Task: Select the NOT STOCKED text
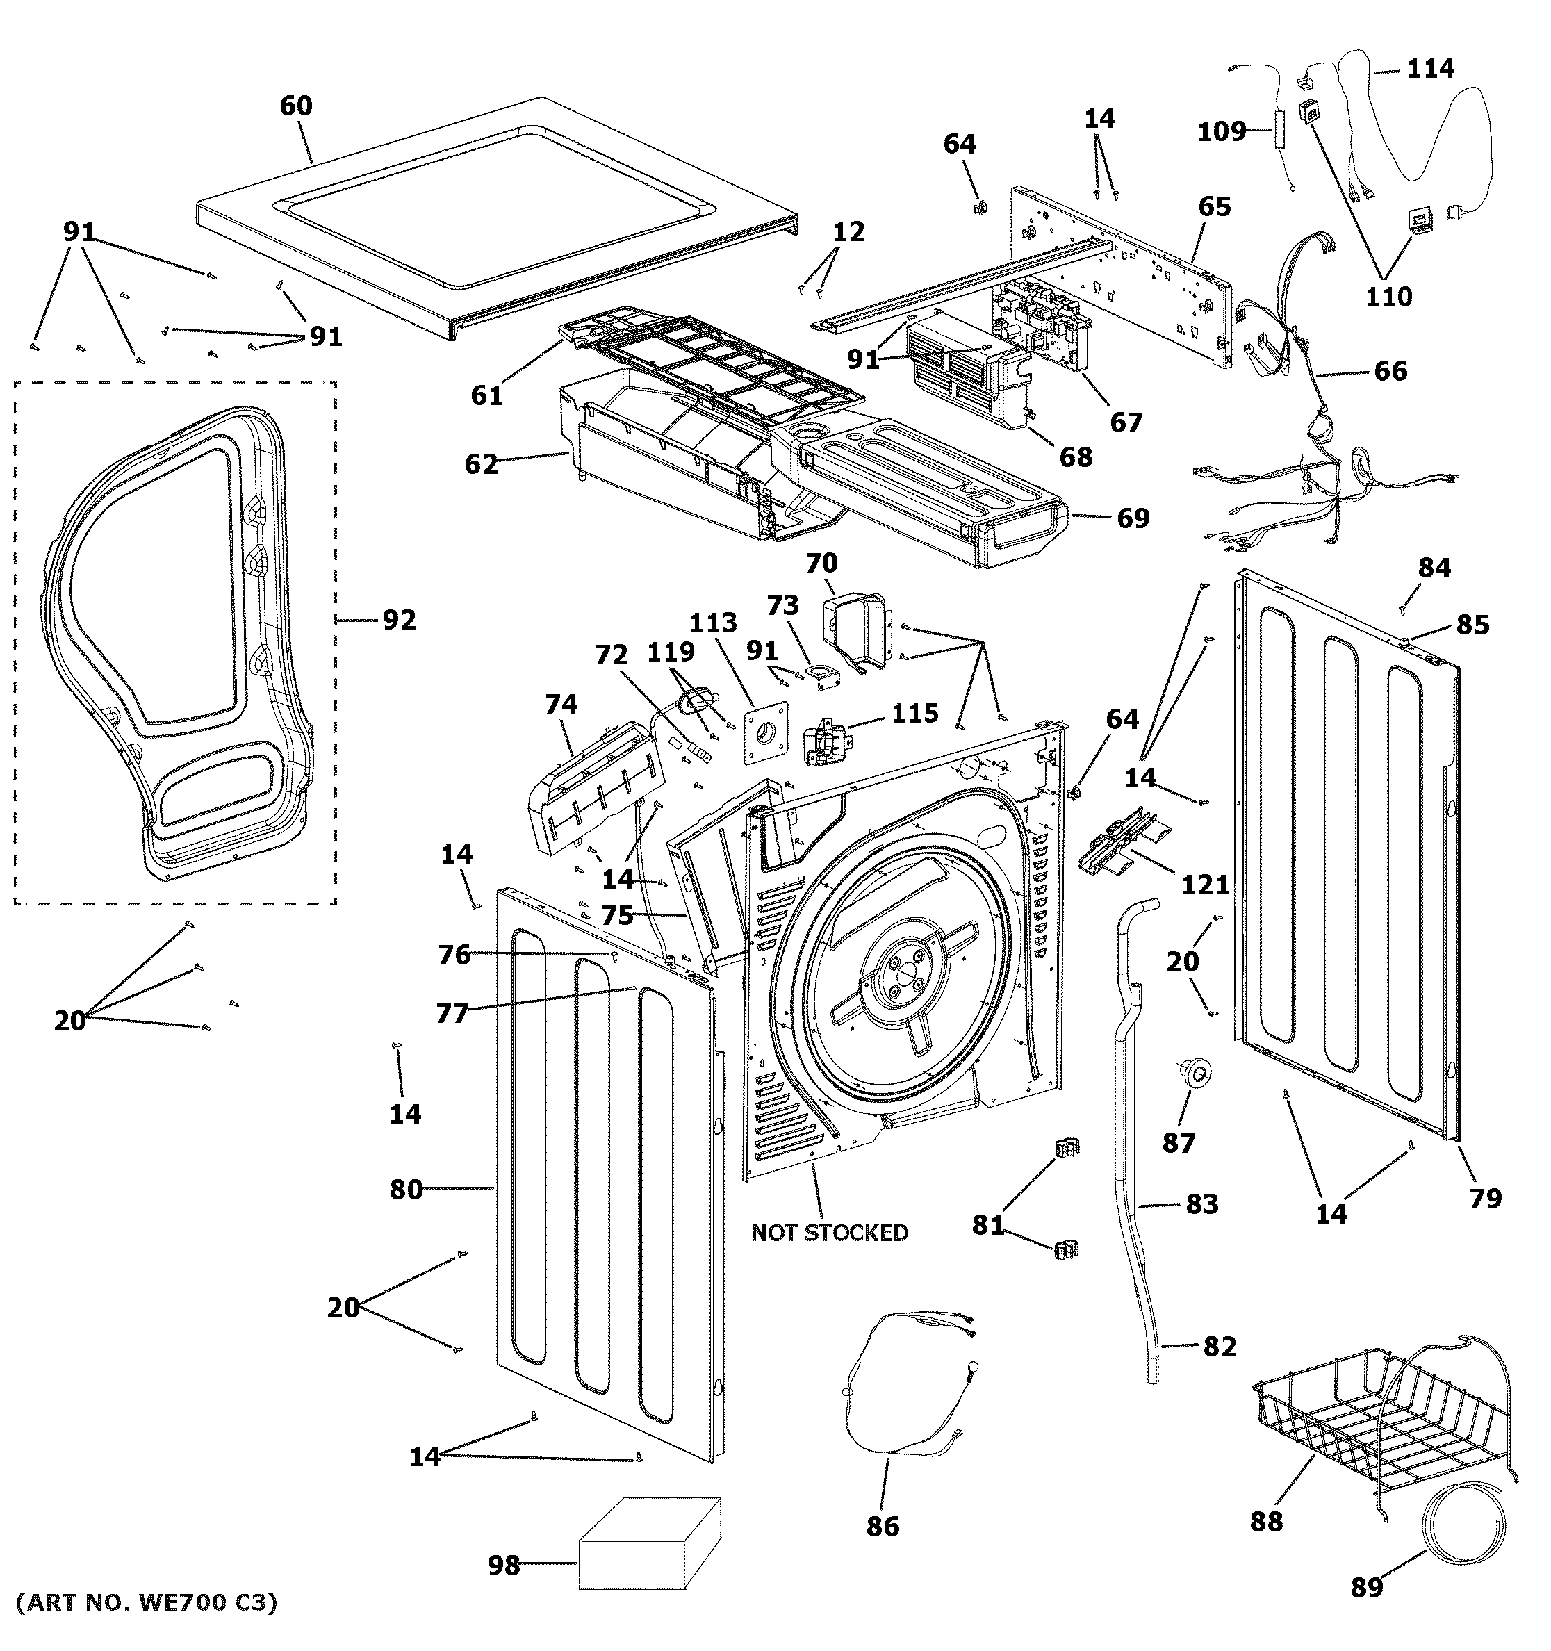coord(828,1233)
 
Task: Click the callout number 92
coord(399,620)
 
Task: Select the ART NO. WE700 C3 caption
coord(147,1601)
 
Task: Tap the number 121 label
coord(1205,885)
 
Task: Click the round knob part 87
coord(1193,1073)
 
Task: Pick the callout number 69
coord(1133,518)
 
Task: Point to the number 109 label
coord(1220,131)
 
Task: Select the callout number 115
coord(915,714)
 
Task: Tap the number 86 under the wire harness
coord(882,1526)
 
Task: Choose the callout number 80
coord(406,1190)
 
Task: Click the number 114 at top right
coord(1430,68)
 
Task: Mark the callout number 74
coord(561,705)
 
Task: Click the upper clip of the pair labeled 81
coord(1066,1149)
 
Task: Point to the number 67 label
coord(1126,422)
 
